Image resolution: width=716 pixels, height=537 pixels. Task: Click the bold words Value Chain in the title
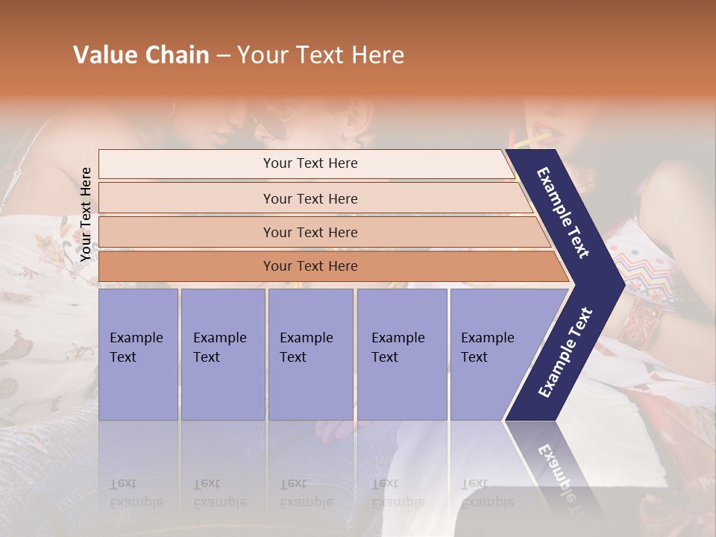(141, 55)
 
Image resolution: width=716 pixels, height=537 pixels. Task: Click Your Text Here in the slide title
(321, 55)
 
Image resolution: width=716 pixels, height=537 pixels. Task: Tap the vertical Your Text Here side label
(86, 214)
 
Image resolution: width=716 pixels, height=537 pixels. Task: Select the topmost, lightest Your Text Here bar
(310, 163)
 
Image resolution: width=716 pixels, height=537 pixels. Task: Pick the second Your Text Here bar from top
(310, 198)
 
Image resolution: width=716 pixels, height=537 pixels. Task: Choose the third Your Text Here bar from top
(310, 232)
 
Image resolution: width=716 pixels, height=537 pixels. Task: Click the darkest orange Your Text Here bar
(310, 266)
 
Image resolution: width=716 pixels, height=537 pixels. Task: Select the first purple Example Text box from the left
(138, 354)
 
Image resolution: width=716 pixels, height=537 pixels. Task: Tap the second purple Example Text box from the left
(222, 354)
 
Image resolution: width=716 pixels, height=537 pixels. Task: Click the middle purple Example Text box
(310, 354)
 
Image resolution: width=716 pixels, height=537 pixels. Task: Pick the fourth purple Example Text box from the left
(401, 354)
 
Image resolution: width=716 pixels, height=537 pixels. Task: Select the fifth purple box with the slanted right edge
(492, 354)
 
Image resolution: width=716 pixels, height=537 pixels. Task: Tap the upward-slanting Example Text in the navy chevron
(565, 353)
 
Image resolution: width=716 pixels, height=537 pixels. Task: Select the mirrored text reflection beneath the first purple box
(136, 493)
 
